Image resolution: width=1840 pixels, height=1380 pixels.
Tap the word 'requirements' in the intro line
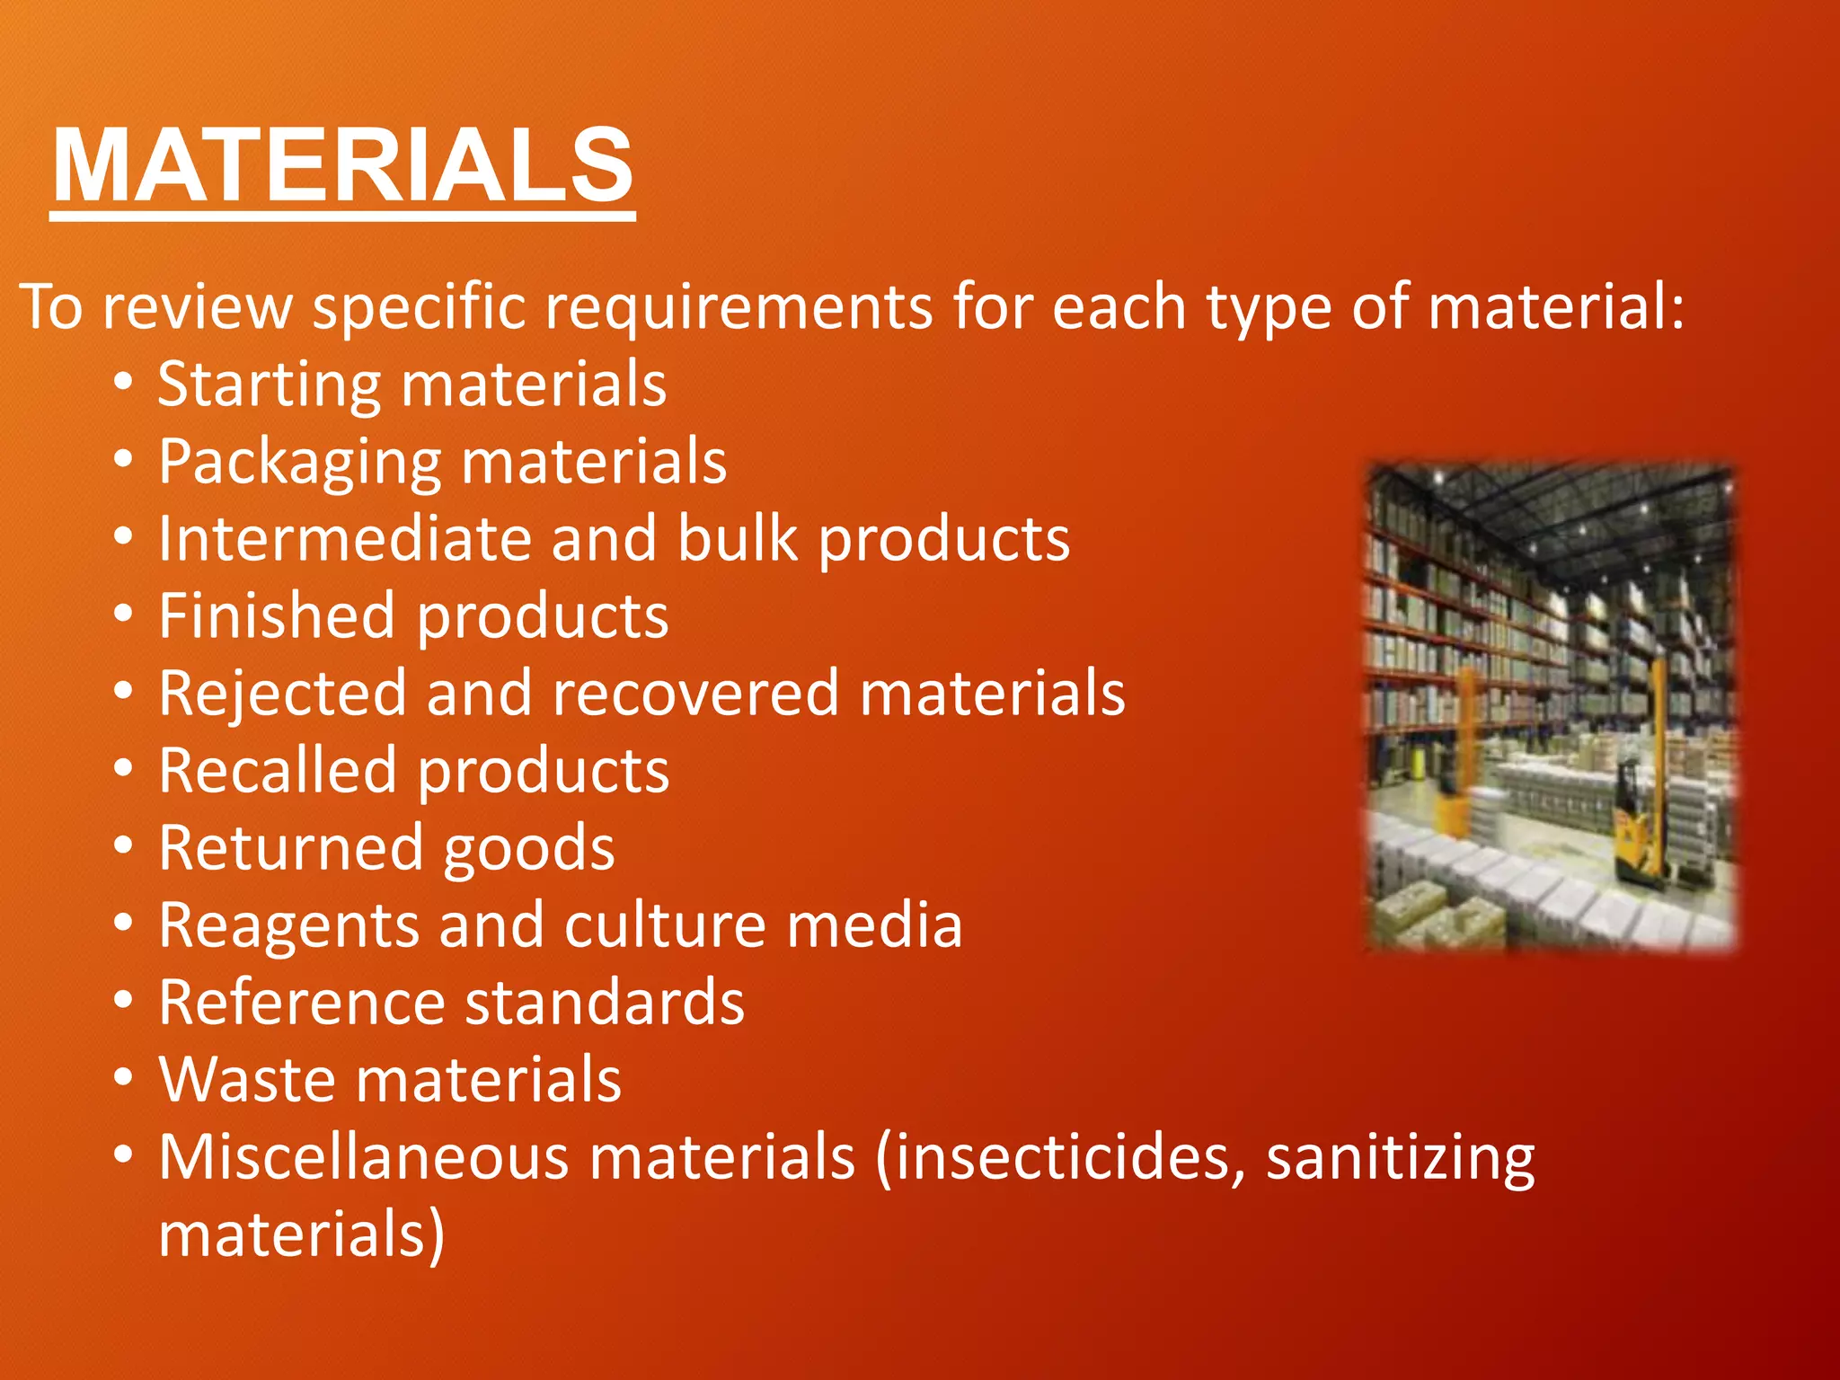point(739,307)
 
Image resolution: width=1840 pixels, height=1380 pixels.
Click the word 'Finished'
point(277,616)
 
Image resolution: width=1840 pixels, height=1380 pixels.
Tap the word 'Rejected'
point(282,695)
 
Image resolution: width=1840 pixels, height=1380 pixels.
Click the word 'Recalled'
point(277,771)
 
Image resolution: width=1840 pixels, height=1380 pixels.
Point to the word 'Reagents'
point(288,927)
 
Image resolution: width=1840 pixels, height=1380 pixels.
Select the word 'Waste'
point(248,1080)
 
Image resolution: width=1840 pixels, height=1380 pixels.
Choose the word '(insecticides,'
point(1060,1159)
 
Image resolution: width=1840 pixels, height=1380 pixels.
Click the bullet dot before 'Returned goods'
point(124,846)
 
